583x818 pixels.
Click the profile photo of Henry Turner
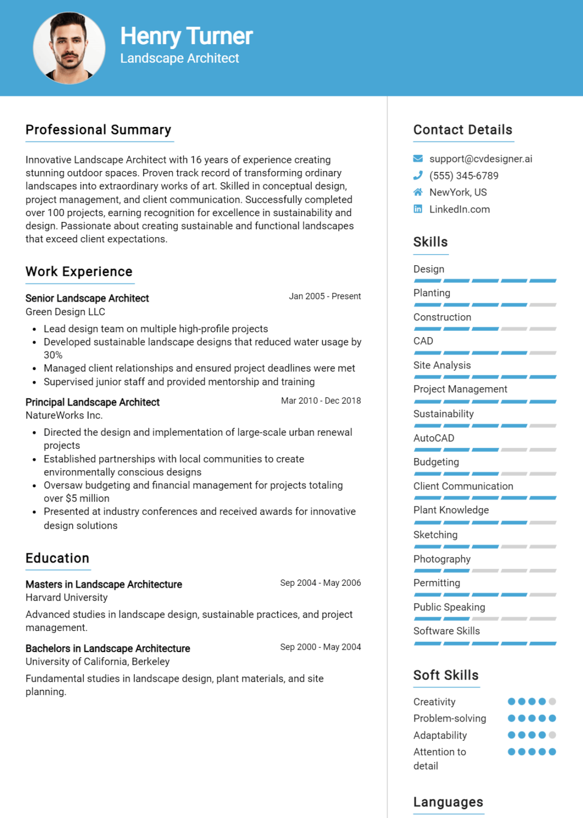pyautogui.click(x=69, y=48)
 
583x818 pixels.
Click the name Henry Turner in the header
pyautogui.click(x=186, y=36)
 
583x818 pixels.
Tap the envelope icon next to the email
pyautogui.click(x=418, y=159)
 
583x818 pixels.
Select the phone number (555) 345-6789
pyautogui.click(x=464, y=176)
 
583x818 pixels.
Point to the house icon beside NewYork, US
pyautogui.click(x=418, y=192)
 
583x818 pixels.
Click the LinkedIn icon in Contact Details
pyautogui.click(x=418, y=209)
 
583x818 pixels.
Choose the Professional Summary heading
pyautogui.click(x=98, y=130)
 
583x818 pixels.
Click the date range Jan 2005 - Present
pyautogui.click(x=325, y=296)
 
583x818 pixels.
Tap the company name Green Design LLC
pyautogui.click(x=65, y=312)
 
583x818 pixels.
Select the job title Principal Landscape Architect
pyautogui.click(x=93, y=402)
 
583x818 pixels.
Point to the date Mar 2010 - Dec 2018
pyautogui.click(x=321, y=400)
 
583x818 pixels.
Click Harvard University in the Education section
pyautogui.click(x=67, y=598)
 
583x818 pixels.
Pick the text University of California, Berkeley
pyautogui.click(x=97, y=661)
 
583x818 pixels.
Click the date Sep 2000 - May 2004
pyautogui.click(x=321, y=647)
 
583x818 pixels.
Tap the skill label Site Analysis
pyautogui.click(x=442, y=365)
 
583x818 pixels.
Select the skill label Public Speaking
pyautogui.click(x=449, y=607)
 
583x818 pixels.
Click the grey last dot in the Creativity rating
pyautogui.click(x=552, y=701)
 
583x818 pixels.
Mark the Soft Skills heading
pyautogui.click(x=446, y=675)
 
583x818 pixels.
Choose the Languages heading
pyautogui.click(x=448, y=802)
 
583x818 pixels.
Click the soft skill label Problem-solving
pyautogui.click(x=450, y=718)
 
